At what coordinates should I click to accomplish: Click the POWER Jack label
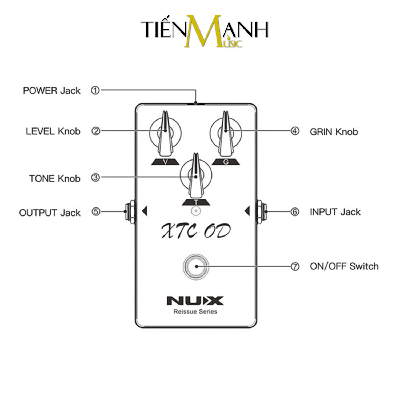51,91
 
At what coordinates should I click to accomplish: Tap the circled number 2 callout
96,131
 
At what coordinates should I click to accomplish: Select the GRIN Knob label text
334,132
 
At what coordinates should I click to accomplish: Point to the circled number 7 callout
295,266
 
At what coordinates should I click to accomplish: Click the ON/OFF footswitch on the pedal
196,266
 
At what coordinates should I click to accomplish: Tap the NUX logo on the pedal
195,301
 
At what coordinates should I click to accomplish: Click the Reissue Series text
195,311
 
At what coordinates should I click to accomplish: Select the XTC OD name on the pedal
196,231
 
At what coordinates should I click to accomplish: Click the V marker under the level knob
166,162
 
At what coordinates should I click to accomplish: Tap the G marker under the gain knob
226,162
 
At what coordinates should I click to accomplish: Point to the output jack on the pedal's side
130,211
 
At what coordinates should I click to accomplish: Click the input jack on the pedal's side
262,211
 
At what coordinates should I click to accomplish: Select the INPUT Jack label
335,212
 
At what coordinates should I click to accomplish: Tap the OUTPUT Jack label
50,213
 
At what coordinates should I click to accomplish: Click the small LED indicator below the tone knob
196,211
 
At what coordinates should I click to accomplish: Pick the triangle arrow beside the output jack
145,211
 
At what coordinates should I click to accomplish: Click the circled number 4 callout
295,131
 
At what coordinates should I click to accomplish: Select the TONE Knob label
55,178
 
